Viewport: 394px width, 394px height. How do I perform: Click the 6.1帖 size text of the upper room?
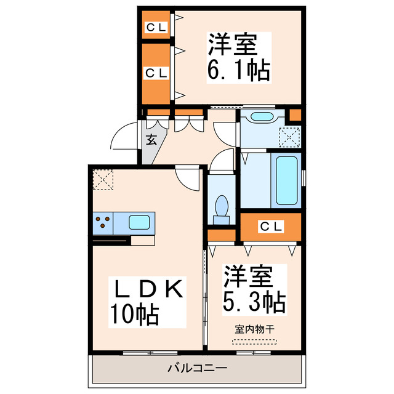[239, 72]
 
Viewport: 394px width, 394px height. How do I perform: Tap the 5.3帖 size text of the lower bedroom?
[254, 302]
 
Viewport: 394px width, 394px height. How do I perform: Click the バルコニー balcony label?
[197, 368]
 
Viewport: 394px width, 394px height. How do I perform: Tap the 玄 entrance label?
[151, 139]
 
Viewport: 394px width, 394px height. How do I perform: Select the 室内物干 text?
[254, 329]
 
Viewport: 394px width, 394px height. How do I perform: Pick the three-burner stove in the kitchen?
[102, 222]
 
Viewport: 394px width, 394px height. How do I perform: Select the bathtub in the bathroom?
[286, 180]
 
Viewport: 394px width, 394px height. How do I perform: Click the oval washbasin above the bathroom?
[262, 117]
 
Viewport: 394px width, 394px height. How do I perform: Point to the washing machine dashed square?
[289, 136]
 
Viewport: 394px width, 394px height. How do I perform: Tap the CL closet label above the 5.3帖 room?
[270, 227]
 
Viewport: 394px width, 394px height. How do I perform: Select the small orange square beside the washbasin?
[295, 115]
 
